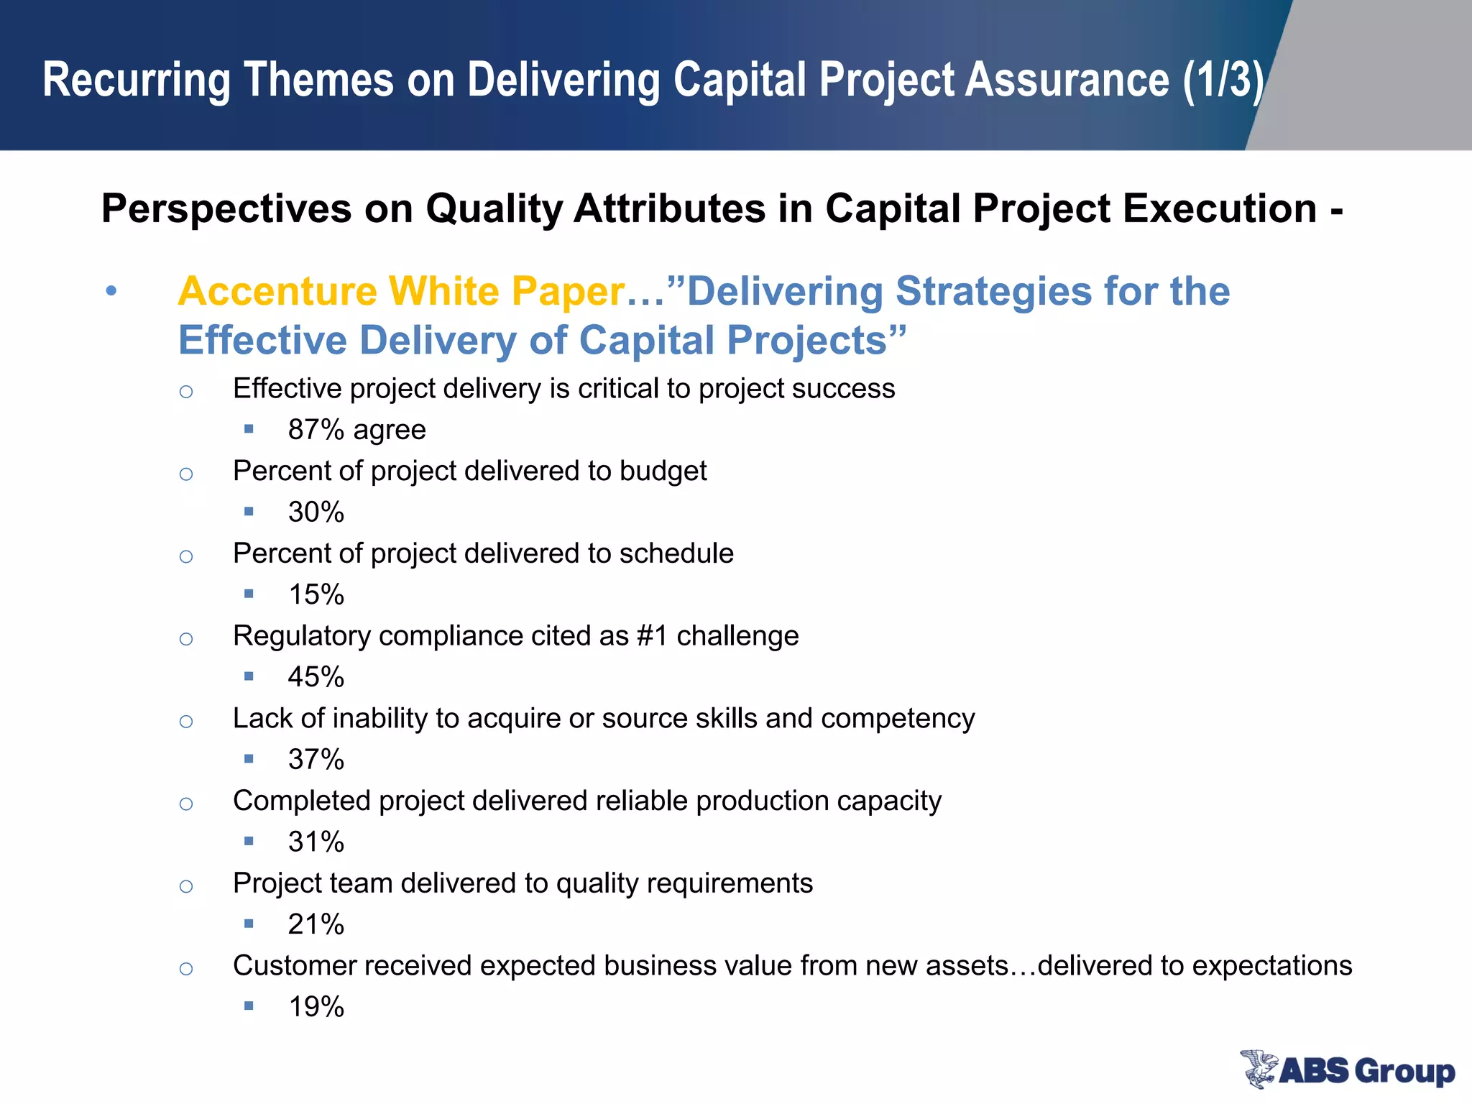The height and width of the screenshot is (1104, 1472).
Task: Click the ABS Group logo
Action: point(1347,1069)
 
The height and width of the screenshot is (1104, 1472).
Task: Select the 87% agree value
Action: point(356,430)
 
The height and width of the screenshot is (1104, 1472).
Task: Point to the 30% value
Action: point(316,512)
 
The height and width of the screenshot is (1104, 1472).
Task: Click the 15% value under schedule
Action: point(316,595)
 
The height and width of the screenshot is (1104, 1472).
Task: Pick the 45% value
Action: point(316,677)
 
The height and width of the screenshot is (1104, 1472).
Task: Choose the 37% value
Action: point(316,760)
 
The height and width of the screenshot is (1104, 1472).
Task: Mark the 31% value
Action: point(316,842)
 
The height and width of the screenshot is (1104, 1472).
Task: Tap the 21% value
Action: point(316,924)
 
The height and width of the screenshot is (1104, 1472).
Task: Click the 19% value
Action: point(316,1007)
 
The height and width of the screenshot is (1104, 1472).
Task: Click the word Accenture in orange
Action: point(277,292)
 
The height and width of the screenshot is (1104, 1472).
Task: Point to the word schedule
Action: point(676,553)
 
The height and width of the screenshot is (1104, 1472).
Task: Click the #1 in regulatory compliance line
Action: point(652,636)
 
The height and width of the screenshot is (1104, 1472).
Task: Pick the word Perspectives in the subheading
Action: point(226,209)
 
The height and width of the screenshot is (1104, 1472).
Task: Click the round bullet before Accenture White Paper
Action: point(111,292)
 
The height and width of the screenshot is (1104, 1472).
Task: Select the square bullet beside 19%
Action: point(249,1006)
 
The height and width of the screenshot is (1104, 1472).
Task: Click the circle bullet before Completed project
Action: point(186,804)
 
